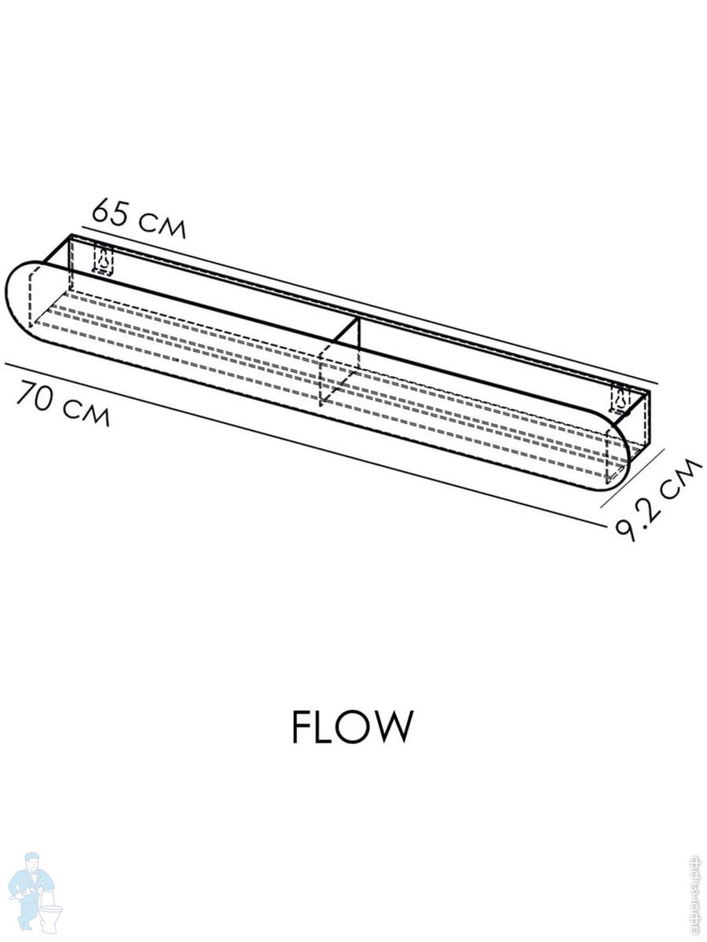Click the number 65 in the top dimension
click(109, 213)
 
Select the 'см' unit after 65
click(162, 225)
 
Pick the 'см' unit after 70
click(86, 411)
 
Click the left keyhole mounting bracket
click(103, 260)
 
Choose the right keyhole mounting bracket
click(621, 400)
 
